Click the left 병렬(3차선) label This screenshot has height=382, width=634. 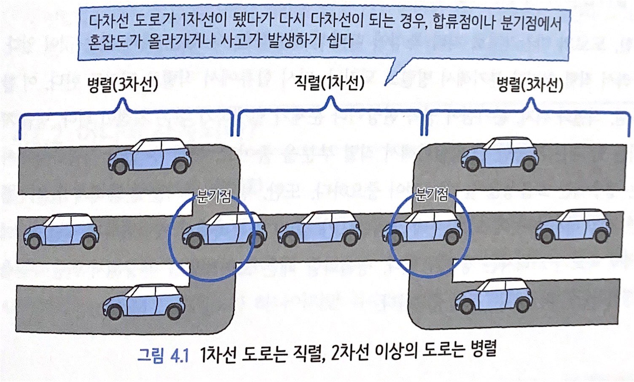click(122, 85)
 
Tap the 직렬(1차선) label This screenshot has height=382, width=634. click(330, 83)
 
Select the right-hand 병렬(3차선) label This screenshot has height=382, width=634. click(530, 85)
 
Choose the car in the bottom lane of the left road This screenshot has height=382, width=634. click(144, 302)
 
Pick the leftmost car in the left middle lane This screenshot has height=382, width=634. click(61, 231)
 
